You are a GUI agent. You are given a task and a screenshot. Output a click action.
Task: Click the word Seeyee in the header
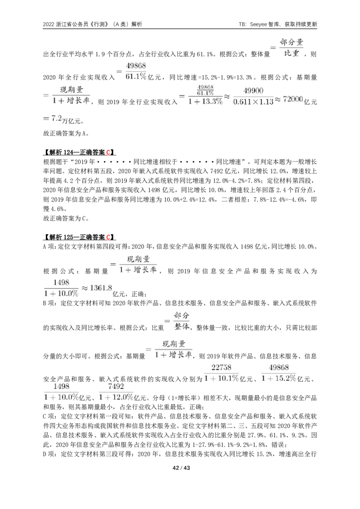[x=259, y=24]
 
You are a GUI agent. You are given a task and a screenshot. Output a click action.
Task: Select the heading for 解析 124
[x=80, y=152]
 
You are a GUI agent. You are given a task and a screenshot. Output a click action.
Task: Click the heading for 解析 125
[x=80, y=237]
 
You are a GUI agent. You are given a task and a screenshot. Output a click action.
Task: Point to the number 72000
[x=293, y=99]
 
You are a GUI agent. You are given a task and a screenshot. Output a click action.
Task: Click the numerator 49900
[x=253, y=91]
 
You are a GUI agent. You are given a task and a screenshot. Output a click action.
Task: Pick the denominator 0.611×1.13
[x=253, y=102]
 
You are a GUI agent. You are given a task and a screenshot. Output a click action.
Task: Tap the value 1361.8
[x=101, y=288]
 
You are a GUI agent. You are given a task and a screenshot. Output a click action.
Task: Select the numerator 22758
[x=221, y=367]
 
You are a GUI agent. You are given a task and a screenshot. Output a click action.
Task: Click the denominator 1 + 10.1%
[x=221, y=378]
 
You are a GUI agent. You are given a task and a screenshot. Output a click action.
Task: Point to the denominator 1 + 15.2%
[x=279, y=378]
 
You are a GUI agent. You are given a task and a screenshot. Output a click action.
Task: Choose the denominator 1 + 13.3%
[x=205, y=101]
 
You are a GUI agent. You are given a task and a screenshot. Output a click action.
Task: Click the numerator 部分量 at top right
[x=292, y=42]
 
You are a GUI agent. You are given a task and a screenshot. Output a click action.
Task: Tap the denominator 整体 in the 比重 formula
[x=182, y=326]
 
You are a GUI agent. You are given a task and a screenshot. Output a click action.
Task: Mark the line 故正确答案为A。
[x=66, y=134]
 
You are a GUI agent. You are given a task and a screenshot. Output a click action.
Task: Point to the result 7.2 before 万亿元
[x=57, y=119]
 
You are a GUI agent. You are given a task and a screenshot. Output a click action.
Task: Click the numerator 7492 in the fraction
[x=116, y=386]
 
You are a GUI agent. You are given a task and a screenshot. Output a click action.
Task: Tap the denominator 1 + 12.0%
[x=116, y=397]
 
